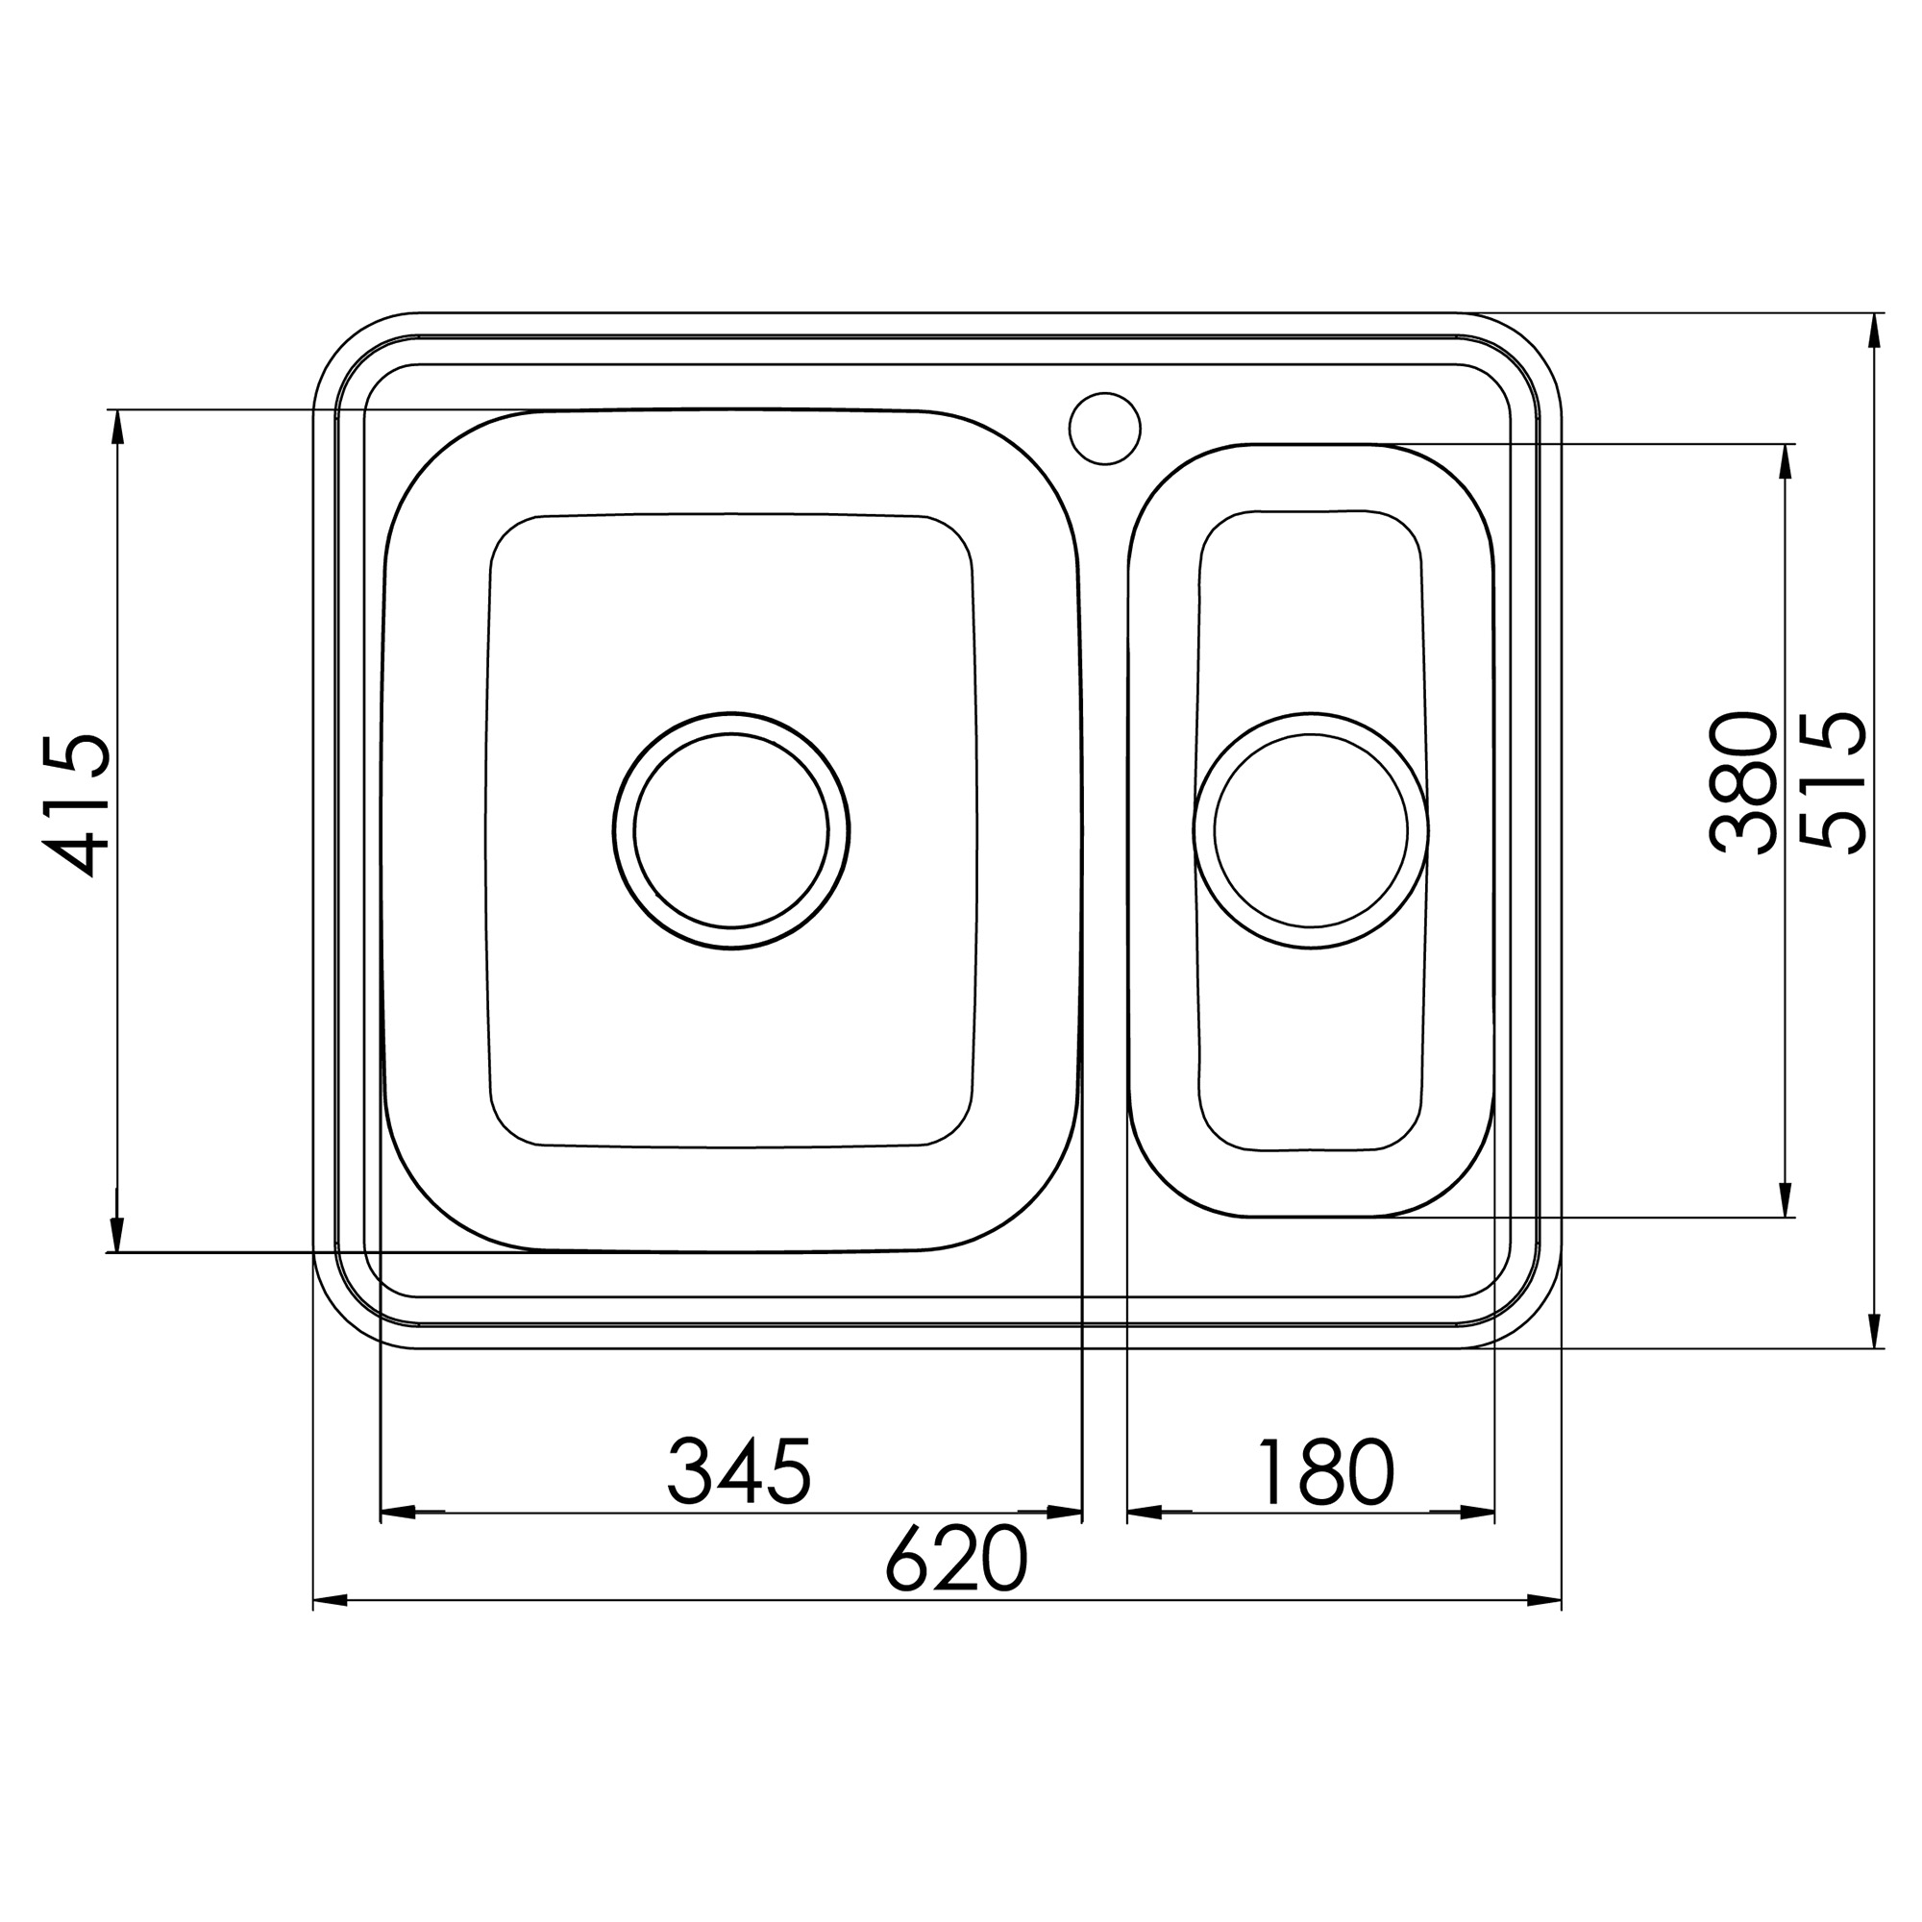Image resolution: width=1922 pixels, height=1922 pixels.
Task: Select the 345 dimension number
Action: pyautogui.click(x=739, y=1470)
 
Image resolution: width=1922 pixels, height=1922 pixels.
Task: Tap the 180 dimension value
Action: pyautogui.click(x=1326, y=1471)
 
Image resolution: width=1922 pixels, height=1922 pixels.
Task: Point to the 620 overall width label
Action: pyautogui.click(x=956, y=1559)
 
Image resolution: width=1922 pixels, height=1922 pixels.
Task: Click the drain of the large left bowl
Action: pyautogui.click(x=731, y=830)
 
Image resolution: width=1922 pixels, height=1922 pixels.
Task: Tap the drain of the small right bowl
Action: pyautogui.click(x=1311, y=830)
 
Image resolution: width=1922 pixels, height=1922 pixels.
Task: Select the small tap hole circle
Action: pyautogui.click(x=1105, y=428)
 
